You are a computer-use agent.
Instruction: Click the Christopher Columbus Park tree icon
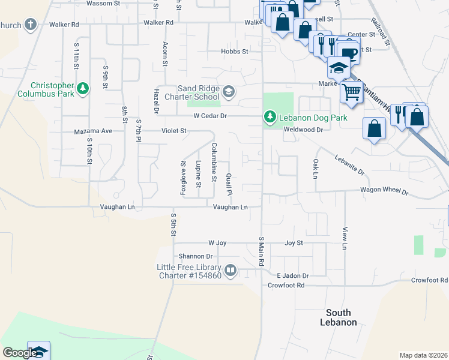(x=83, y=89)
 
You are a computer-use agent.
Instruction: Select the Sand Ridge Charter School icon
(x=228, y=92)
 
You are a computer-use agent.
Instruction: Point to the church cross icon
(x=31, y=25)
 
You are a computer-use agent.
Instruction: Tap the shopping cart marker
(x=351, y=92)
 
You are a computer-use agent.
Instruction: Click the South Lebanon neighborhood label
(x=342, y=317)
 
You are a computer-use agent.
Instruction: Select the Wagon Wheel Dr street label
(x=384, y=191)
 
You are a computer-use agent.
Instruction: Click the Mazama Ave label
(x=93, y=131)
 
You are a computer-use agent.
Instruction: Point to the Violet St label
(x=174, y=130)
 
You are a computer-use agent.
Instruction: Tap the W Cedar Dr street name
(x=210, y=116)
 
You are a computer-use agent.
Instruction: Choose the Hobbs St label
(x=234, y=52)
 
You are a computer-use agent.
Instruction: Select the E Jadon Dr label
(x=292, y=275)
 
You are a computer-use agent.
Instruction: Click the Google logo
(x=20, y=353)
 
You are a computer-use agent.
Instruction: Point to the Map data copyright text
(x=424, y=355)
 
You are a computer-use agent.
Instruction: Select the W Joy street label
(x=217, y=243)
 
